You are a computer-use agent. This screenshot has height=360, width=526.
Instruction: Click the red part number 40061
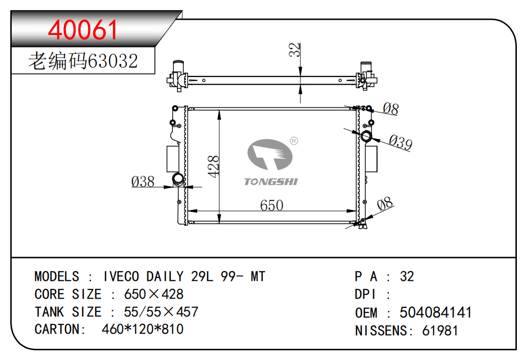tap(83, 30)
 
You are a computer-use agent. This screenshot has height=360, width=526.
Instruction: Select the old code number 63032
tap(112, 61)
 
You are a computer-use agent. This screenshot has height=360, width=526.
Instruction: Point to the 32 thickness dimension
tap(294, 50)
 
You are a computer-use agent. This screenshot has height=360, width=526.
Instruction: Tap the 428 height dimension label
tap(213, 166)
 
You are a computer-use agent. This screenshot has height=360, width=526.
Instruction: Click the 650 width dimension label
tap(272, 205)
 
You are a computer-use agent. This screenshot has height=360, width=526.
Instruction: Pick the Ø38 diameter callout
tap(143, 182)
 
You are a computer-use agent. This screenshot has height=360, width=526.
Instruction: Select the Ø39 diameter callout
tap(400, 142)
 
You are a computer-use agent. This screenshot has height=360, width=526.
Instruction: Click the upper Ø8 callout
tap(391, 109)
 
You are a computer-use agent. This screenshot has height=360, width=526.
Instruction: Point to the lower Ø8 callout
tap(385, 204)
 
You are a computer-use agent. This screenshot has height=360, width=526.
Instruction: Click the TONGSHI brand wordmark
tap(271, 182)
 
